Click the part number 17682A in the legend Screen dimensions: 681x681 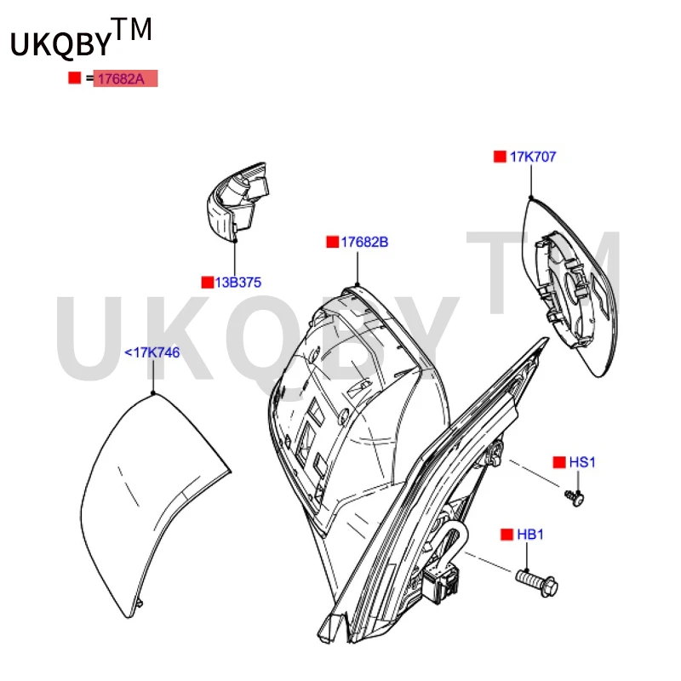[x=121, y=79]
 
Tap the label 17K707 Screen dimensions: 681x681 [x=533, y=157]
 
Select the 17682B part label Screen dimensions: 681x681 [x=364, y=242]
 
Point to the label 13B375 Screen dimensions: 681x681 [x=238, y=283]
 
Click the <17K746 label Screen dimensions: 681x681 [x=152, y=352]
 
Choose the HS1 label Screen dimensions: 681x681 [x=582, y=462]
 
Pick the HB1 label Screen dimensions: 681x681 [x=529, y=535]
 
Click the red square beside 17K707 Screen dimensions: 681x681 [x=500, y=157]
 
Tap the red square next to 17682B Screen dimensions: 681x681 [x=333, y=242]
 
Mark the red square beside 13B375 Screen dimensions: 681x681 [x=208, y=283]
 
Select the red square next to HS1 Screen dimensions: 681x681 [x=559, y=462]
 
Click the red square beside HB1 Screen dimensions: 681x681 [x=506, y=535]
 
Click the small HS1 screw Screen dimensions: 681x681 [x=575, y=498]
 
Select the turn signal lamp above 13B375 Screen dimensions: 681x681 [x=237, y=201]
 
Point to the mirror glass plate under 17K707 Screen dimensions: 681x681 [x=569, y=287]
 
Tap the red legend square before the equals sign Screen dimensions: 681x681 [x=75, y=78]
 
